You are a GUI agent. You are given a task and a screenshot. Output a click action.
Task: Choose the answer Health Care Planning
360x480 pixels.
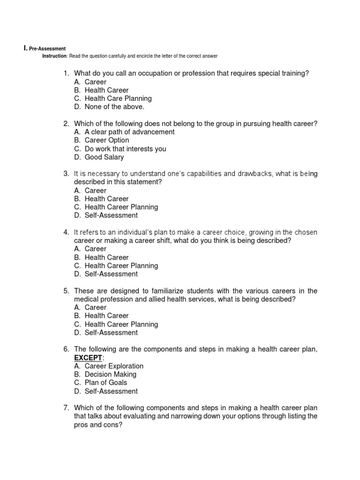(118, 98)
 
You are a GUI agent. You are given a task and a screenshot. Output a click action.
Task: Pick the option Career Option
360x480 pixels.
(106, 140)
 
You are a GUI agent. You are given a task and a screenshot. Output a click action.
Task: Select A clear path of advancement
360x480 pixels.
(129, 132)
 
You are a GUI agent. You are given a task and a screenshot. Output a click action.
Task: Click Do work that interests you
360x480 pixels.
(125, 149)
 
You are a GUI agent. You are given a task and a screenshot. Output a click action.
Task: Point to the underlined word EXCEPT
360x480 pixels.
(88, 358)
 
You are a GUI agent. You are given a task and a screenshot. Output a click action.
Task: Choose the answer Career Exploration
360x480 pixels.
(114, 366)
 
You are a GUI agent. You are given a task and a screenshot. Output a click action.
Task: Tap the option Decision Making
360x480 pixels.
(110, 375)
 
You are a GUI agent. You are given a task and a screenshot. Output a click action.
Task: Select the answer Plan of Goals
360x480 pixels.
(105, 382)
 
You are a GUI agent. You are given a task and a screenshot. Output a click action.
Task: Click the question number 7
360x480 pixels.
(66, 408)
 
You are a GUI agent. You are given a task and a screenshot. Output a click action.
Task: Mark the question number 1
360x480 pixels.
(66, 73)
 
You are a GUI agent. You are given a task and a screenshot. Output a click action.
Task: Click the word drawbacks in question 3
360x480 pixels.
(255, 174)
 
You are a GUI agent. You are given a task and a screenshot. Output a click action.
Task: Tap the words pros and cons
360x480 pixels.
(98, 425)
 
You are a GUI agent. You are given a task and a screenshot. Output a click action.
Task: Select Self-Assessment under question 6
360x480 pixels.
(111, 391)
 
